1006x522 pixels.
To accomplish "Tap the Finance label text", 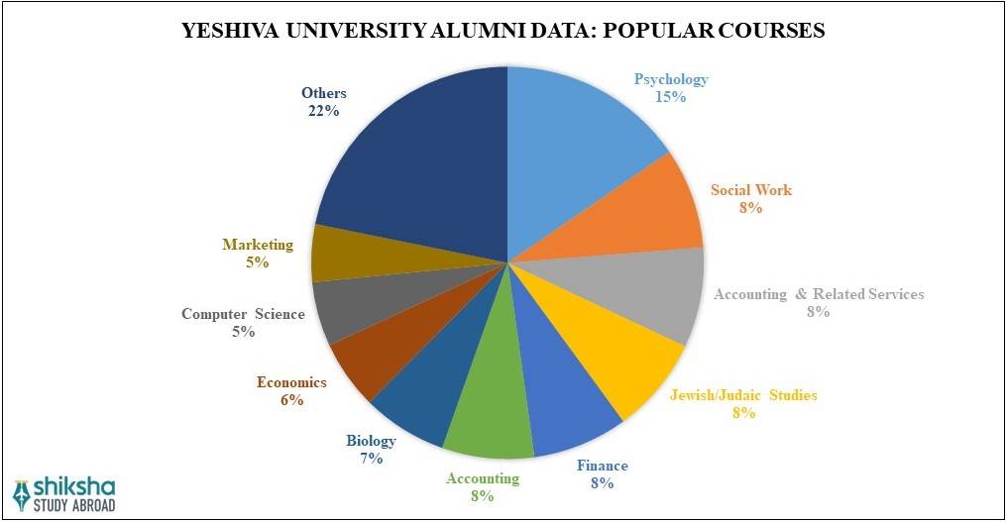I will [x=603, y=466].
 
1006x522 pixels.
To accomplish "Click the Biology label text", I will [x=371, y=441].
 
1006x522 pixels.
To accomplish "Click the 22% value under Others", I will [x=323, y=112].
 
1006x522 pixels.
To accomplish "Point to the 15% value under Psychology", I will [x=671, y=97].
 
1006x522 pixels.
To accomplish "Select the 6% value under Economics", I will [x=291, y=400].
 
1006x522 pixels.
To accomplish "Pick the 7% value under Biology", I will [x=371, y=459].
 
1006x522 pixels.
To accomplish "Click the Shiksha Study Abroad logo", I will [x=64, y=493].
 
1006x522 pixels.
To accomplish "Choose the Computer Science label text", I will [x=243, y=314].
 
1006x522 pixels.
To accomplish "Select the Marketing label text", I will [x=258, y=245].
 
